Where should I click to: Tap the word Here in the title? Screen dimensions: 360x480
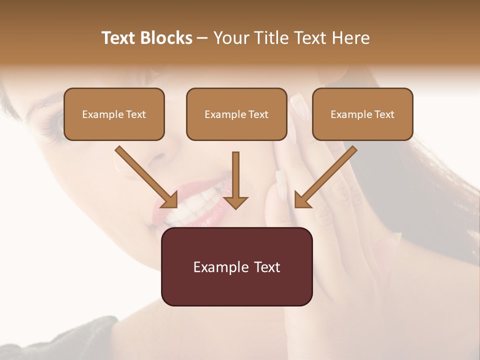tap(349, 38)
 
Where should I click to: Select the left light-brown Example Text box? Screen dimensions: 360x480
tap(114, 114)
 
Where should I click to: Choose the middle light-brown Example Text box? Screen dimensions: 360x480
tap(236, 114)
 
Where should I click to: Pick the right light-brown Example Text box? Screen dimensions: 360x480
tap(362, 114)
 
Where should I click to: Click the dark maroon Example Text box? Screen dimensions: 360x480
tap(236, 266)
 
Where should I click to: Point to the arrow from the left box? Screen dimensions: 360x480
tap(146, 177)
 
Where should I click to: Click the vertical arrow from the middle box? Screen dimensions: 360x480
tap(235, 180)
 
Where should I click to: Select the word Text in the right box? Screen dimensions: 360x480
tap(384, 114)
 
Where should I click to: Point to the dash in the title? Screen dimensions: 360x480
tap(202, 38)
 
